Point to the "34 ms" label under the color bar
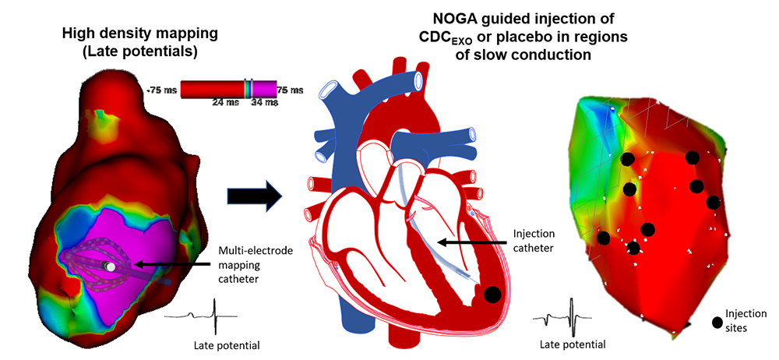(266, 102)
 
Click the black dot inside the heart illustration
(492, 295)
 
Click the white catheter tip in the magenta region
(111, 266)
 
